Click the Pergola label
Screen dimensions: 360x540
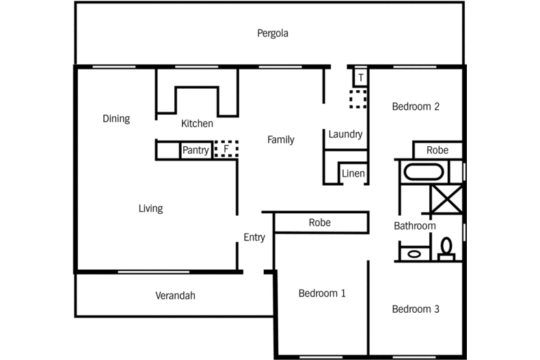tap(273, 33)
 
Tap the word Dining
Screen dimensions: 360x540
tap(116, 119)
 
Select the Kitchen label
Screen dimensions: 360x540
tap(197, 124)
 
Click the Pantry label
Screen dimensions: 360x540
tap(195, 150)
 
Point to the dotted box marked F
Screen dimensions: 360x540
tap(225, 149)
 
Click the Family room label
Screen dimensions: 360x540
tap(280, 140)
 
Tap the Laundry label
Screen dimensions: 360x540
tap(345, 135)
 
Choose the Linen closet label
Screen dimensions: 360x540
tap(353, 174)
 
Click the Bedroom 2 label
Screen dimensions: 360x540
tap(415, 107)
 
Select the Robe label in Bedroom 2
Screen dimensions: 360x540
tap(437, 150)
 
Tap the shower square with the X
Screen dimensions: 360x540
tap(446, 199)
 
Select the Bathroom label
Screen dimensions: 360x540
tap(414, 226)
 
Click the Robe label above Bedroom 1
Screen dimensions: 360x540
tap(320, 223)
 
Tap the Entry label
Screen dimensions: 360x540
tap(254, 238)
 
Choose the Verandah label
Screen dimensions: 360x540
tap(175, 296)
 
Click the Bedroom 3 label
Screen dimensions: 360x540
tap(416, 309)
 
